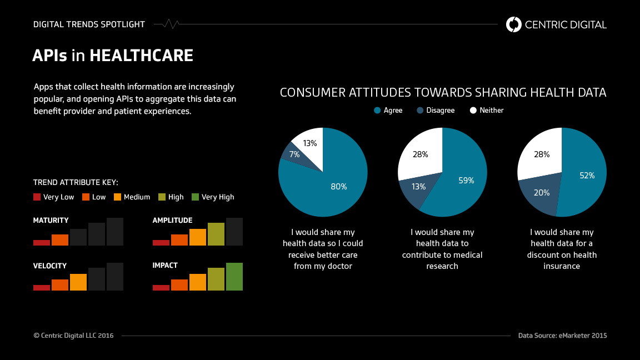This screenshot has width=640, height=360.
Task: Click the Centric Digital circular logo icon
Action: (514, 24)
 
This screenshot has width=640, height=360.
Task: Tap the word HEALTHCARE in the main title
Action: (141, 56)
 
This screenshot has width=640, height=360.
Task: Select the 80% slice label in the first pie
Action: (339, 187)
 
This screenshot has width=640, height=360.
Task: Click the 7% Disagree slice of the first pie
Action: (293, 154)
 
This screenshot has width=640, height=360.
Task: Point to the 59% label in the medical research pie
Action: (466, 180)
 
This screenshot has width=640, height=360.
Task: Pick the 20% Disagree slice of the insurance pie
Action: (541, 193)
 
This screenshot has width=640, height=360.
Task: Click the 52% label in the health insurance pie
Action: (587, 176)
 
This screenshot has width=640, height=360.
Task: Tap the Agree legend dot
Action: (378, 111)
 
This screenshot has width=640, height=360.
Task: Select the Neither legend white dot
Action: (473, 111)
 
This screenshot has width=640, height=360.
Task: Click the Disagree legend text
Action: (441, 111)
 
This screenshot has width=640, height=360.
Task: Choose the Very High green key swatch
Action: (195, 197)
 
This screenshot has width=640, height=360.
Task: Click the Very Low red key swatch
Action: (37, 197)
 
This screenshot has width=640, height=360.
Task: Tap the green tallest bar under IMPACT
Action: (234, 277)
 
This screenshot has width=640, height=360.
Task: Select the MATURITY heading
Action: (51, 221)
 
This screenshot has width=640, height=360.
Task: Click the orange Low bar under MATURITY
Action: (60, 240)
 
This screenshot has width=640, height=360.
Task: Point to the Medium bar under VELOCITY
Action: (78, 282)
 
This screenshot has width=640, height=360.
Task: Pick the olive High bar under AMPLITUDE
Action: (216, 234)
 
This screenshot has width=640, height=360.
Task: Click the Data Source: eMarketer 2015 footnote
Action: (562, 336)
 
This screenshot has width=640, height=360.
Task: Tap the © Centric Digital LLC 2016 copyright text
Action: (73, 336)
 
